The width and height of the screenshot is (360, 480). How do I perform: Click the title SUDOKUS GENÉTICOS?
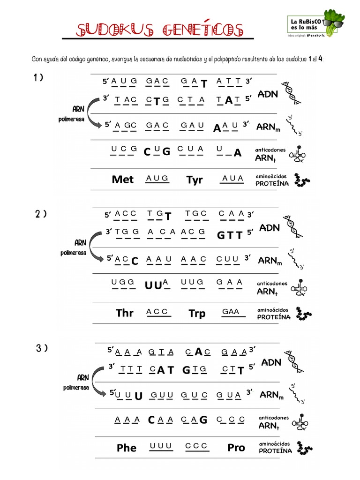(x=159, y=30)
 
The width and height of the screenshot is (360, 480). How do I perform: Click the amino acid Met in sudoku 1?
(x=123, y=180)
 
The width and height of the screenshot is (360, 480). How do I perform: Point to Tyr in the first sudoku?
(x=195, y=180)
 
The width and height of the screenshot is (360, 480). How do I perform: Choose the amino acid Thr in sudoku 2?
(x=125, y=313)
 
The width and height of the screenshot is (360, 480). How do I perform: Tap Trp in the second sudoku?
(x=197, y=313)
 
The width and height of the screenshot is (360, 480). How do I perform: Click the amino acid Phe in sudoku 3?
(x=127, y=448)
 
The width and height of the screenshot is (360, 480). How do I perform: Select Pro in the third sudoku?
(x=236, y=448)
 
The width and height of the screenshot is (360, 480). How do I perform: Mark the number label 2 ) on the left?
(x=41, y=214)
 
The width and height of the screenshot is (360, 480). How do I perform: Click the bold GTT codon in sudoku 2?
(x=230, y=235)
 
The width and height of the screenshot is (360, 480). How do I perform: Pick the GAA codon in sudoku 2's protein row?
(x=231, y=312)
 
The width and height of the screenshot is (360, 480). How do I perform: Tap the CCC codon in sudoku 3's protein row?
(x=196, y=446)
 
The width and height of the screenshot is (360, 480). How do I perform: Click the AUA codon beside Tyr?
(x=232, y=178)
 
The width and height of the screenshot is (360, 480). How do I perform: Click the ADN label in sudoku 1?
(x=268, y=94)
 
